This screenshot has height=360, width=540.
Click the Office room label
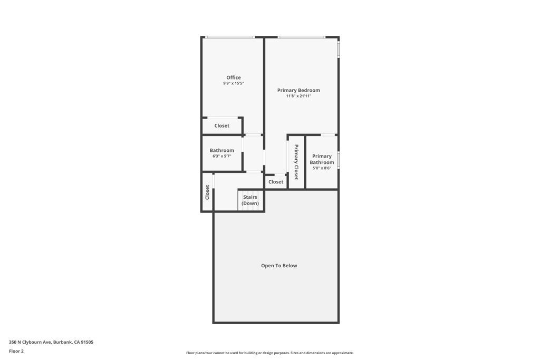pos(234,77)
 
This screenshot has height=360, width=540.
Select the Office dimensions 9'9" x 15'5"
pos(234,83)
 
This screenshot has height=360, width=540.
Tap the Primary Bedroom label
pos(298,90)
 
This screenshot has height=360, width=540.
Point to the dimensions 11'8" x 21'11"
pos(298,96)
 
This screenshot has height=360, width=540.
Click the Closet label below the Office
pos(221,126)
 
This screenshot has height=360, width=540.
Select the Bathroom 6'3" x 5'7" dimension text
pos(221,156)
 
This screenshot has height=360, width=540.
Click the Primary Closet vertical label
pos(296,162)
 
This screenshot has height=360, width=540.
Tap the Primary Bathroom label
pos(322,159)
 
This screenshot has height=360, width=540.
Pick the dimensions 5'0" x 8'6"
pos(322,168)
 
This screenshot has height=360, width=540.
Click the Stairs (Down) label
pos(250,200)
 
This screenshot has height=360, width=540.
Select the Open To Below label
pos(279,266)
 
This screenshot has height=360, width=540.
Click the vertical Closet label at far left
pos(207,192)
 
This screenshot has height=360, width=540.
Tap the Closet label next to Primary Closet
pos(276,182)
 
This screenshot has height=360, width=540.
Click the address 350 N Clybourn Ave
pos(51,342)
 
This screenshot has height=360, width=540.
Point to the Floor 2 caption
pos(16,351)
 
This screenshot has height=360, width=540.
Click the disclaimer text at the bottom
pos(269,353)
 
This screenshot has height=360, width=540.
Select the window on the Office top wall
pos(230,37)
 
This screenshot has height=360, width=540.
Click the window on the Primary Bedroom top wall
pos(301,37)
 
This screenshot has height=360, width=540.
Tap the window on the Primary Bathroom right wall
pos(339,160)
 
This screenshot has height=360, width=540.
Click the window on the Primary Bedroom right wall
pos(339,49)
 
